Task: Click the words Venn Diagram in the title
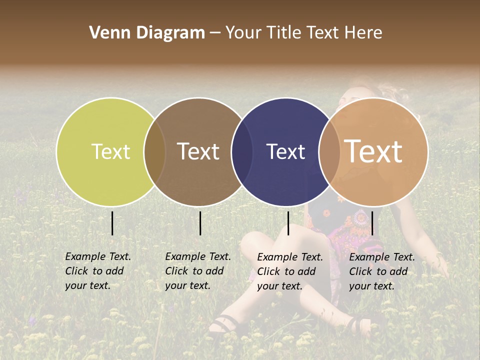click(147, 33)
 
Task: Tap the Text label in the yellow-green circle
click(110, 151)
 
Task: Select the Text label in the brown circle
click(198, 151)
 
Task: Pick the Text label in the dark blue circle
click(285, 151)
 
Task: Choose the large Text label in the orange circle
click(373, 151)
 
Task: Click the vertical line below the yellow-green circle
click(112, 223)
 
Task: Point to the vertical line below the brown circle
click(200, 223)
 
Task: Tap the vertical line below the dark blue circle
click(288, 223)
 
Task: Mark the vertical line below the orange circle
click(372, 223)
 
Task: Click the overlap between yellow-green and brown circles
click(154, 152)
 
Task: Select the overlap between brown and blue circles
click(242, 152)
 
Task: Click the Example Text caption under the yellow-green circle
click(97, 271)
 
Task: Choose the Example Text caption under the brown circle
click(197, 271)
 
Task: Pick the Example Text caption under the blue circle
click(289, 271)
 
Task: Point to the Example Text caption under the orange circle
click(381, 271)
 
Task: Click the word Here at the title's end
click(363, 33)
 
